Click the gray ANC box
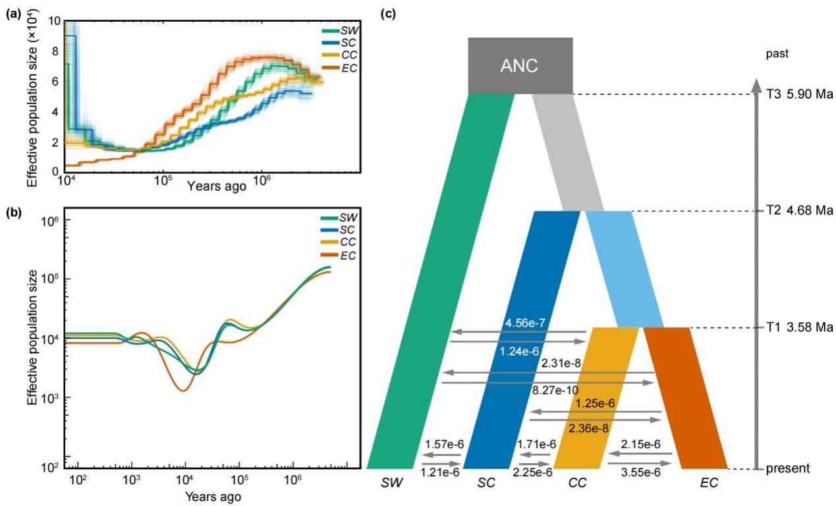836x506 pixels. coord(520,66)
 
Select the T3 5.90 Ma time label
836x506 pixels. coord(801,94)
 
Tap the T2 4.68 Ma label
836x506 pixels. coord(801,211)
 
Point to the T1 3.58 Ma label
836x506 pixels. coord(801,327)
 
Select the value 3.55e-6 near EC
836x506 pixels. coord(640,472)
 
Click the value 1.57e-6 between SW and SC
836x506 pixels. coord(445,445)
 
